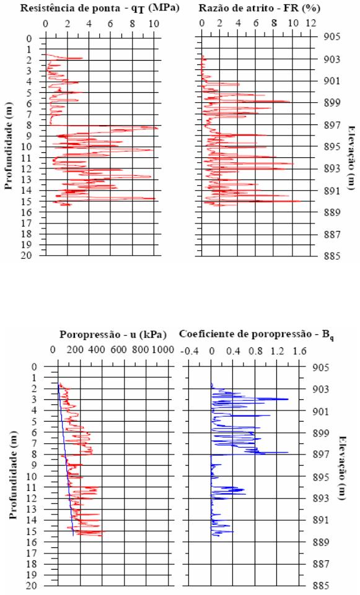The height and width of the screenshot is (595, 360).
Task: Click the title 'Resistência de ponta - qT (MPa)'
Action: coord(100,8)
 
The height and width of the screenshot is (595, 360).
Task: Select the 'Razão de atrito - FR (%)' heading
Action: coord(260,8)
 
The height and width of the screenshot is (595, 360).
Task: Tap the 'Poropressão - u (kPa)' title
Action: coord(113,336)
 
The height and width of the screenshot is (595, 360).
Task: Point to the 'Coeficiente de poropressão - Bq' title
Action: coord(257,336)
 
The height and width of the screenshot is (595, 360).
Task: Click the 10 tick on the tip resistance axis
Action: coord(154,24)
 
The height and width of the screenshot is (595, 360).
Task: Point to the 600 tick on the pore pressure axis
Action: coord(118,349)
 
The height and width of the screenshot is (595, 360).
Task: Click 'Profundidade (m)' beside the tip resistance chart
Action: coord(9,145)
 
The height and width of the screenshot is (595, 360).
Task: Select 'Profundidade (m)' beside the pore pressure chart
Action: coord(13,475)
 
